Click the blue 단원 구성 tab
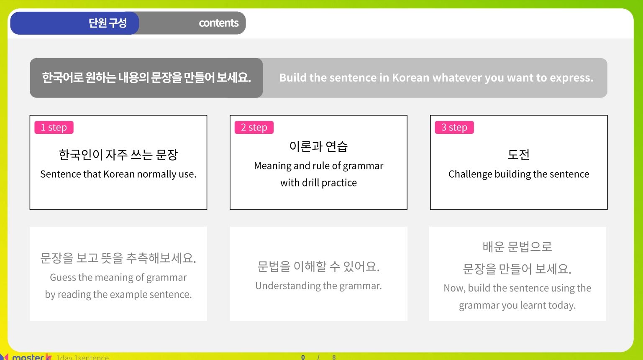[74, 23]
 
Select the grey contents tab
[192, 23]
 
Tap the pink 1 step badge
[54, 128]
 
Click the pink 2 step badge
[254, 128]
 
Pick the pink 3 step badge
[454, 128]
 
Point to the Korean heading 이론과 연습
[319, 146]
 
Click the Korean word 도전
[519, 155]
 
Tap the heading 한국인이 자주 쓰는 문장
[118, 155]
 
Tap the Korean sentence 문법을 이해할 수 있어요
[319, 266]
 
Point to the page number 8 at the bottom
[334, 357]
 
